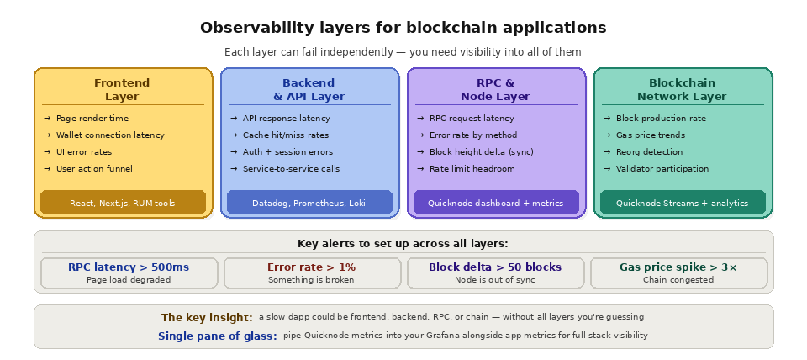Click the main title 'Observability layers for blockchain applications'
(x=403, y=29)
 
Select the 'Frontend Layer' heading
(x=122, y=89)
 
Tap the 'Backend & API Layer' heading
(x=309, y=89)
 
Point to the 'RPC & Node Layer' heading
(x=495, y=89)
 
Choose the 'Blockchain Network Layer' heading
(x=682, y=89)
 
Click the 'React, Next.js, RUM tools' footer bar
(x=122, y=203)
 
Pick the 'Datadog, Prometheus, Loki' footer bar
(x=309, y=203)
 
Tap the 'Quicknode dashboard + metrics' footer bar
(x=495, y=203)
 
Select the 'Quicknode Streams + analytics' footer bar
(x=682, y=203)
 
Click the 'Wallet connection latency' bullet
(x=110, y=135)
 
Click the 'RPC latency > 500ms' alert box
(x=129, y=273)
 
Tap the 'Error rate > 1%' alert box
(x=311, y=273)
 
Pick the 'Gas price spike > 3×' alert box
(x=678, y=273)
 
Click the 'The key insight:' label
(x=207, y=318)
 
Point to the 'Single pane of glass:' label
(x=217, y=336)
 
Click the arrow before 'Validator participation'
(x=607, y=169)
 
